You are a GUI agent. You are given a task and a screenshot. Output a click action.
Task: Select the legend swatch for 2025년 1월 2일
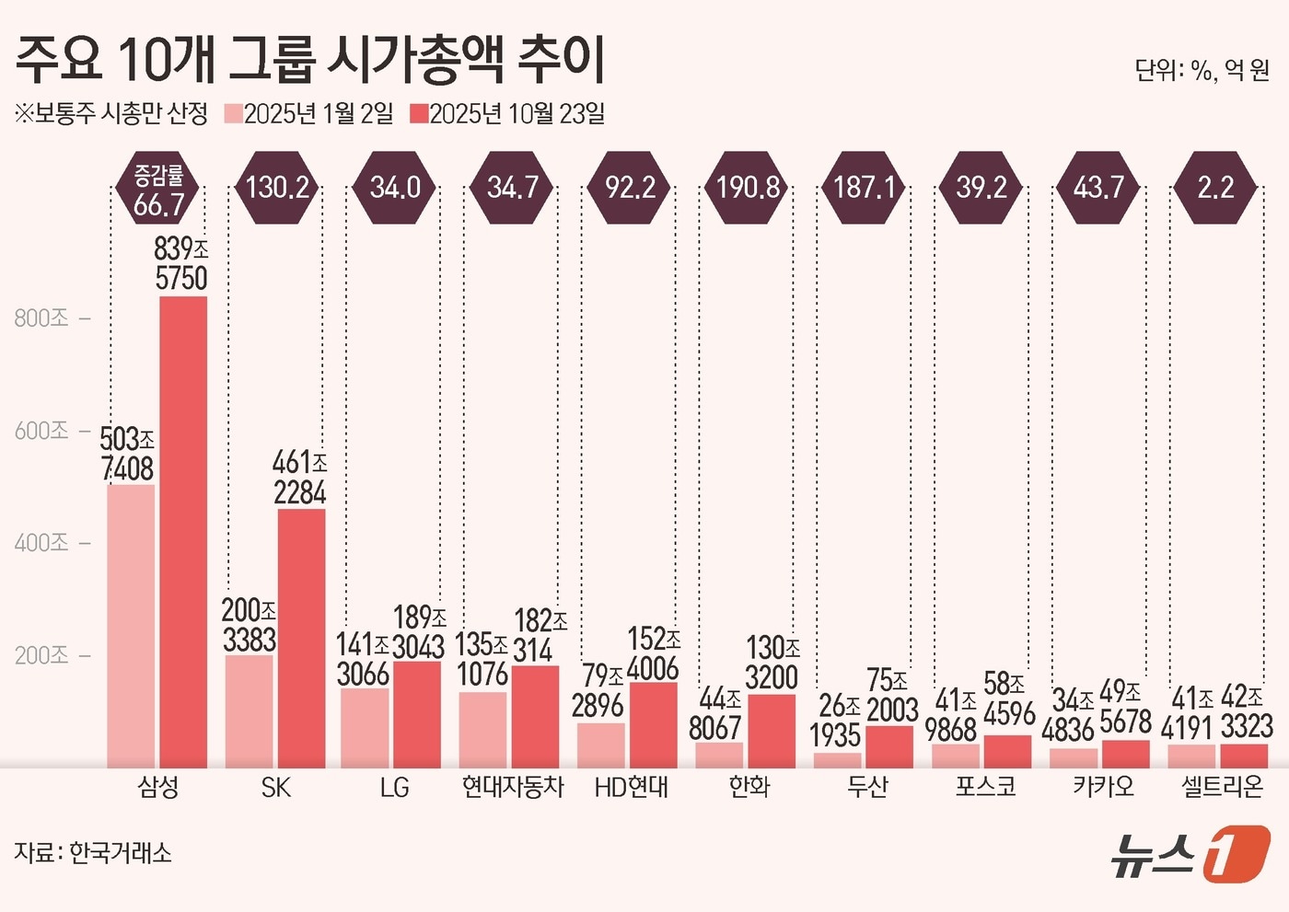(x=233, y=114)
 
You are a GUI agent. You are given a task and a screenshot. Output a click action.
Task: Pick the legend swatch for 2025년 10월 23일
(x=419, y=114)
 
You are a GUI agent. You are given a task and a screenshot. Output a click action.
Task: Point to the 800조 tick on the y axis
(x=42, y=318)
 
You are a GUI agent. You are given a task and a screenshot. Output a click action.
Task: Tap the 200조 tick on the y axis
(x=42, y=655)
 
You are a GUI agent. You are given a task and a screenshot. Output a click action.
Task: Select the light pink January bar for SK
(x=250, y=710)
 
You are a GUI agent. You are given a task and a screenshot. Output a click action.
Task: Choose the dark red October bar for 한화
(x=772, y=731)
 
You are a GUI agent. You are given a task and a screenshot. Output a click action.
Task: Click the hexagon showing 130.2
(x=277, y=188)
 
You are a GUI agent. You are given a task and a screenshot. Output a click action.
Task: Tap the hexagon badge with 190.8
(x=748, y=188)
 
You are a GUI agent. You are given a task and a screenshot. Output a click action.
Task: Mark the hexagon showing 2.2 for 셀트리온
(x=1215, y=188)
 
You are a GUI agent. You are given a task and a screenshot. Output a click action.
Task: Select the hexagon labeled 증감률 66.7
(x=159, y=190)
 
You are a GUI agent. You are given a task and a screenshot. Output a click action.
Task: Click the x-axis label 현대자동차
(x=513, y=788)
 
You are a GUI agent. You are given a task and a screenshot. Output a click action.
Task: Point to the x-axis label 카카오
(x=1103, y=788)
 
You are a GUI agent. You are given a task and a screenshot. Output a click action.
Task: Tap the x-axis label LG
(x=394, y=788)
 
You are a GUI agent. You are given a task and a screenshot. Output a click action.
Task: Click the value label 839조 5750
(x=181, y=263)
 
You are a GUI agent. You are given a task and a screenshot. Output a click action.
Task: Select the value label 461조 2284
(x=300, y=478)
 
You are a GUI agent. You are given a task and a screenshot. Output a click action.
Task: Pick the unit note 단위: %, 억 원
(x=1202, y=70)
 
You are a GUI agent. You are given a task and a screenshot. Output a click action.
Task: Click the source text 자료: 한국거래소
(x=93, y=853)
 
